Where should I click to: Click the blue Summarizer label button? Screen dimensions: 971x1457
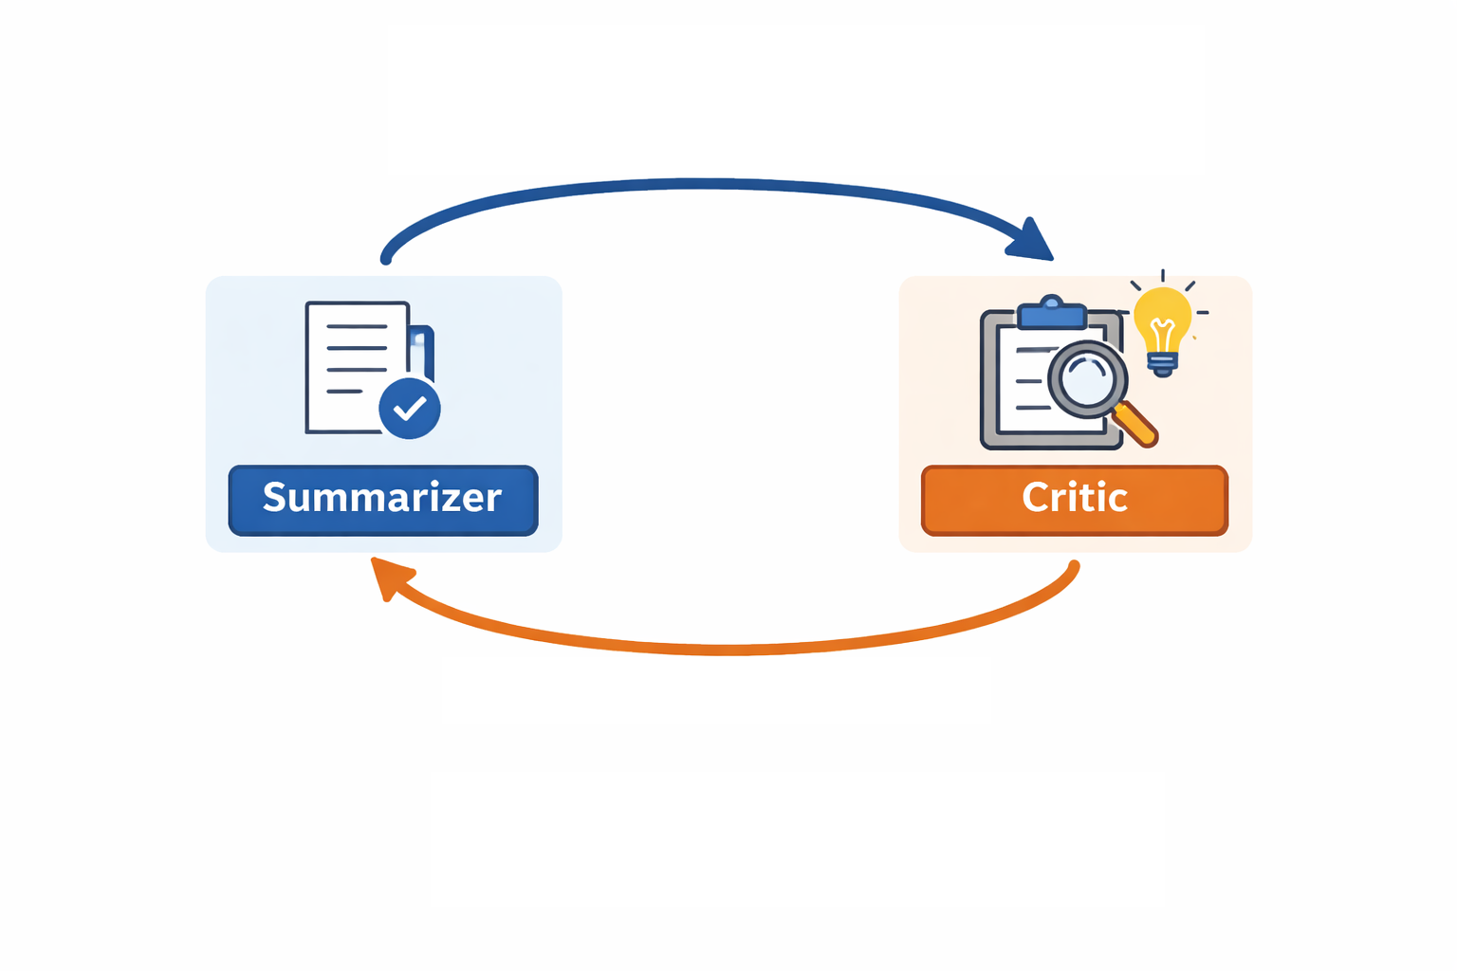[x=383, y=500]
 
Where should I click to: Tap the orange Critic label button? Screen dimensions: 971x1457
[x=1075, y=500]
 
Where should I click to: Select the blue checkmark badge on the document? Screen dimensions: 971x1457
[x=410, y=409]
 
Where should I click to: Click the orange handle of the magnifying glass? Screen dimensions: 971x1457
[x=1136, y=425]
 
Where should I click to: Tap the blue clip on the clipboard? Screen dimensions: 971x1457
[x=1051, y=314]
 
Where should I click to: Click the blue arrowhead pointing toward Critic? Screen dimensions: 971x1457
[x=1032, y=241]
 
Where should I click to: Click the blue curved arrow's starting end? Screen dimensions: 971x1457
[x=386, y=258]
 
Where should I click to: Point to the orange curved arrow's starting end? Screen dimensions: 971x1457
[x=1074, y=567]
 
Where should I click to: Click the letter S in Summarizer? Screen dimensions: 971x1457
[x=275, y=498]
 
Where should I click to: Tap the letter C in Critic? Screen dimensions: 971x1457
[x=1035, y=498]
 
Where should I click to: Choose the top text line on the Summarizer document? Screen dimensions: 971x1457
[x=357, y=326]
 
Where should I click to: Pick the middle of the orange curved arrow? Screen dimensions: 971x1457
[x=726, y=650]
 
